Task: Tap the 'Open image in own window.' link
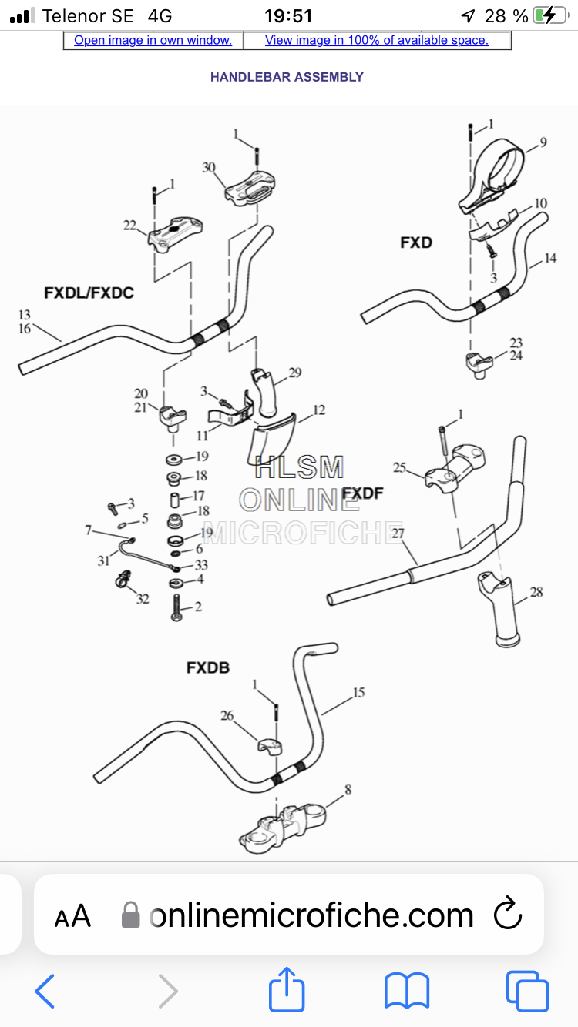pos(153,40)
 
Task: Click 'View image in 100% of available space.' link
pos(376,40)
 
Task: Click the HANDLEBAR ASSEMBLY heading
pos(287,77)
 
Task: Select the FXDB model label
pos(208,667)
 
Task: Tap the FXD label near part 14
pos(416,243)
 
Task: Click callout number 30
pos(209,168)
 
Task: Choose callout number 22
pos(129,226)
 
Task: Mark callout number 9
pos(543,142)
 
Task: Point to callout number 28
pos(536,592)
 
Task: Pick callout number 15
pos(358,693)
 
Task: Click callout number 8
pos(348,790)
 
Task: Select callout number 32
pos(143,598)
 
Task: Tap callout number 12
pos(318,410)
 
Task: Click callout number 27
pos(397,533)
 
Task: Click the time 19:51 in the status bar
pos(287,15)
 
